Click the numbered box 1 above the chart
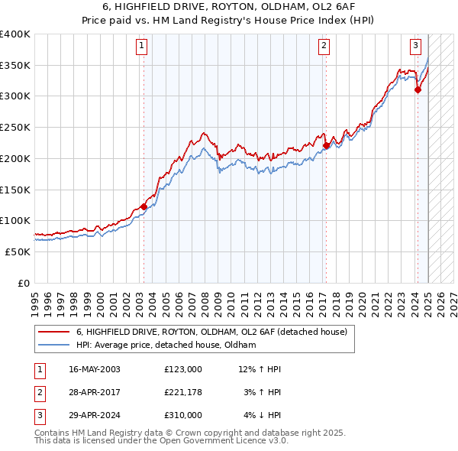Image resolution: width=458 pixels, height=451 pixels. point(143,46)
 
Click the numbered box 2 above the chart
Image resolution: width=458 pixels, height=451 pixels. point(324,46)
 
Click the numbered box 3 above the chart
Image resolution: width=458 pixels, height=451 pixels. point(416,46)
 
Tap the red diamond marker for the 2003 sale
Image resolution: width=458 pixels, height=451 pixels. point(144,206)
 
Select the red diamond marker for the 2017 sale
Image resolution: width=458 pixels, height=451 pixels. point(326,145)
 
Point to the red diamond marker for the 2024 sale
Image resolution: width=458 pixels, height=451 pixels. point(418,90)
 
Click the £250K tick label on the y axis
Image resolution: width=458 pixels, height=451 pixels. point(15,127)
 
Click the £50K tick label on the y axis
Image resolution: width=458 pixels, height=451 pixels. point(18,251)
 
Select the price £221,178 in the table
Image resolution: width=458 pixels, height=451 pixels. point(183,393)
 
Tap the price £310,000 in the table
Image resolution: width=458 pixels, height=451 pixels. point(183,417)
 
